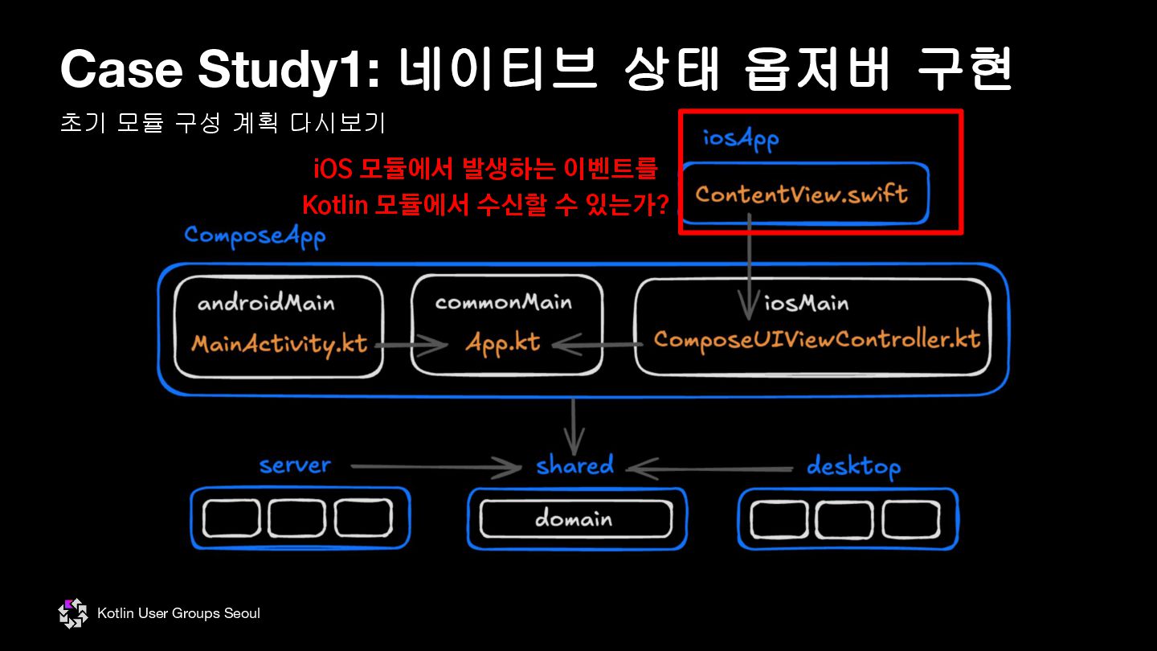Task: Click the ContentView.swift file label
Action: [x=802, y=194]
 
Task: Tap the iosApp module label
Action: [x=741, y=139]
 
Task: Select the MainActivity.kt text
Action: [x=279, y=344]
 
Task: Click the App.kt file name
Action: [x=502, y=343]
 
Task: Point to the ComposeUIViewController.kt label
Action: [x=817, y=339]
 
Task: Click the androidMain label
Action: [x=266, y=303]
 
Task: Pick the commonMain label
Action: [x=504, y=302]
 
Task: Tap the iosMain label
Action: [x=806, y=303]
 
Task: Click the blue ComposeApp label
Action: [x=255, y=236]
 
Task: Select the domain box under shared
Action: [x=575, y=519]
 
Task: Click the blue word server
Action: [x=295, y=465]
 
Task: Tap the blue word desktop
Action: [x=853, y=466]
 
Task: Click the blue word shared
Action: [x=574, y=465]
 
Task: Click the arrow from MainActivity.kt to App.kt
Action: [x=410, y=346]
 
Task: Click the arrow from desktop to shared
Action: [x=710, y=468]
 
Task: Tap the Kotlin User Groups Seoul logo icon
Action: [x=73, y=614]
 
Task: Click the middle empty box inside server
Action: [x=296, y=518]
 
